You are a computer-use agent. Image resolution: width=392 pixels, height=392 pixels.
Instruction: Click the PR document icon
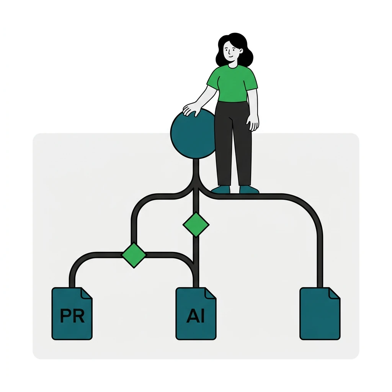click(72, 314)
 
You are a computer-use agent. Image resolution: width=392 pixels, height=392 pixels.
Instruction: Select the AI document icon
click(196, 314)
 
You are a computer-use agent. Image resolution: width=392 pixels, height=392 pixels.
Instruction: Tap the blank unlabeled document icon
click(320, 314)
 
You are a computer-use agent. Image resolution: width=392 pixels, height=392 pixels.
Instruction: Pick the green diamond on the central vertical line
click(196, 224)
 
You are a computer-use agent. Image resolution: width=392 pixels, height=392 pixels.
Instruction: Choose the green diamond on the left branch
click(134, 255)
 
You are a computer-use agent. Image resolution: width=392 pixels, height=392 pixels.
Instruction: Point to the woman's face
click(230, 52)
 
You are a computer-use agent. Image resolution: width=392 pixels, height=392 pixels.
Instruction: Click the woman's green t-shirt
click(232, 84)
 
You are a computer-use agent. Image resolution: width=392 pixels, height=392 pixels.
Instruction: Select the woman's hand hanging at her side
click(253, 122)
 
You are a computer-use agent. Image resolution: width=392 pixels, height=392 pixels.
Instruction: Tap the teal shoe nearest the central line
click(220, 190)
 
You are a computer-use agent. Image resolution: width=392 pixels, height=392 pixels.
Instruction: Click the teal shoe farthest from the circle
click(249, 190)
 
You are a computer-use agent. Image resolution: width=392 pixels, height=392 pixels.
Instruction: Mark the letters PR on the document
click(72, 316)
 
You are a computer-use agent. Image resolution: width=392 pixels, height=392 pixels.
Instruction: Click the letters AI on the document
click(196, 316)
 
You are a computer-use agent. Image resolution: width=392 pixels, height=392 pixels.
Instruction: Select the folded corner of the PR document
click(87, 293)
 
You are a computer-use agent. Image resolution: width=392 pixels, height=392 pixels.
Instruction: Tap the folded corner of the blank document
click(335, 293)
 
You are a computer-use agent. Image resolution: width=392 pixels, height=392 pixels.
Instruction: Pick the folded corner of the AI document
click(211, 293)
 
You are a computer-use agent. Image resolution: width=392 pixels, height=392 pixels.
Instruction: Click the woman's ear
click(241, 51)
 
